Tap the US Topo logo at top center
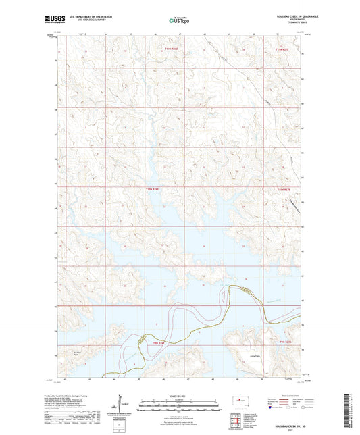pyautogui.click(x=178, y=20)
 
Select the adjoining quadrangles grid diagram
pyautogui.click(x=238, y=420)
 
